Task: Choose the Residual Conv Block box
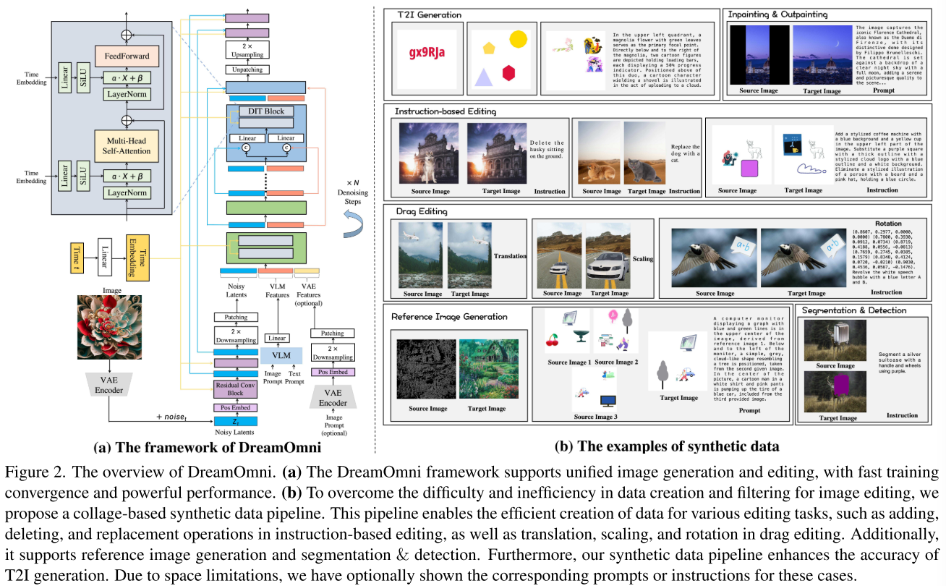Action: [x=236, y=389]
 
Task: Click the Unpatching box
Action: [x=247, y=69]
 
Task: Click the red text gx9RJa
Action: [x=426, y=51]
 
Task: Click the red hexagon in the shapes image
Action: [x=509, y=72]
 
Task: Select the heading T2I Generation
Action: [x=430, y=14]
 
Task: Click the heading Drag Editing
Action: [x=422, y=211]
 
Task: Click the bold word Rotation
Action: [x=889, y=224]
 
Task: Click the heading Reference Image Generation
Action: [x=449, y=316]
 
